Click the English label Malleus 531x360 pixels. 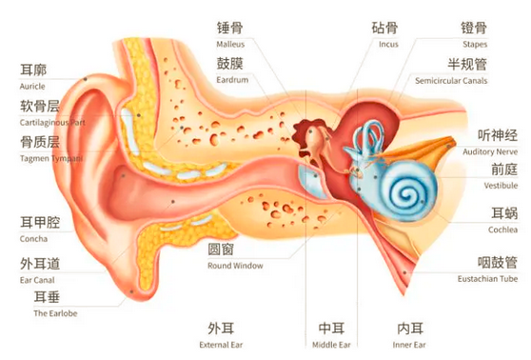pyautogui.click(x=232, y=45)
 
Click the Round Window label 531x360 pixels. pyautogui.click(x=235, y=266)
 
